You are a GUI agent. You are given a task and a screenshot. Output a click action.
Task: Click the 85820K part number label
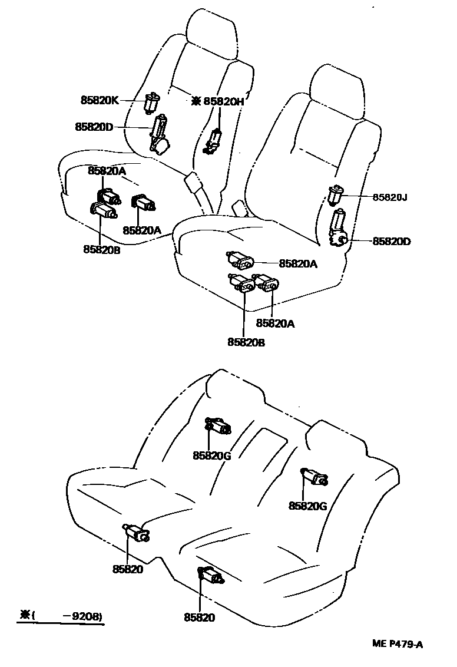(100, 100)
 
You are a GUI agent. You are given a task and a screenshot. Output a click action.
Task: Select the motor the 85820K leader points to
(152, 103)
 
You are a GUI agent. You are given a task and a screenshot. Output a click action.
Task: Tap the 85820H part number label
(224, 101)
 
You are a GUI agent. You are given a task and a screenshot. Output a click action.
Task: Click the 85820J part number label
(389, 197)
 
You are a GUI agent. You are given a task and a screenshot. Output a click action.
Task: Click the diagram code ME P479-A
(397, 643)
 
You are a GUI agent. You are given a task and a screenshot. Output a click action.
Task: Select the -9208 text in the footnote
(87, 616)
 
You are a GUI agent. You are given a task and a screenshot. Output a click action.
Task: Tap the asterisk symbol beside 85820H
(196, 101)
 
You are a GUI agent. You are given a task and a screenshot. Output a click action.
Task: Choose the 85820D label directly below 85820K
(94, 127)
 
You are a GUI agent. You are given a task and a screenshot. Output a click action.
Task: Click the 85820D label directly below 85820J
(392, 241)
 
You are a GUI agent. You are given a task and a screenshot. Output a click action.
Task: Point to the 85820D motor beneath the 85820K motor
(158, 136)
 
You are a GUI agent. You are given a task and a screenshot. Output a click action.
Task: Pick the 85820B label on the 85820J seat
(246, 341)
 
